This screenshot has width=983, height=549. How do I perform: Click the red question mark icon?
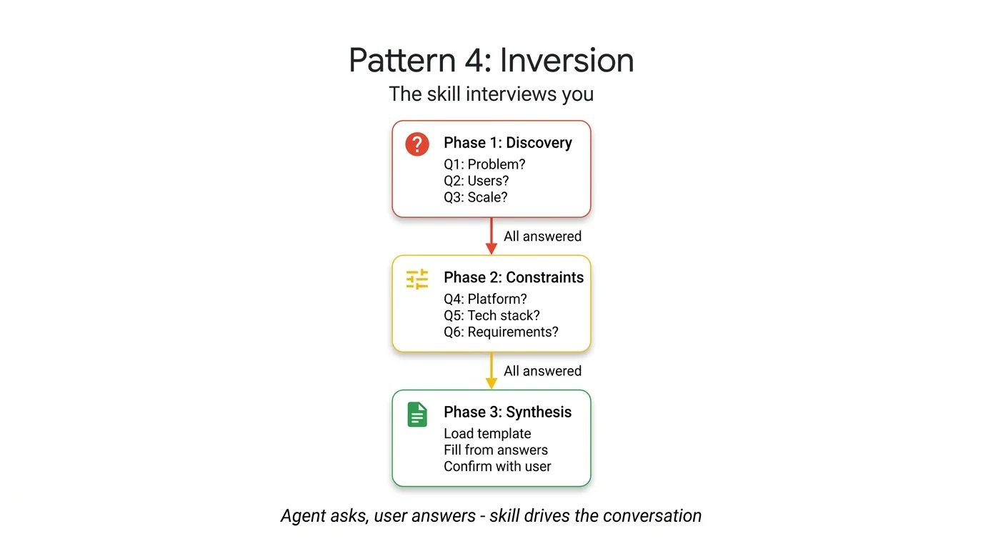417,144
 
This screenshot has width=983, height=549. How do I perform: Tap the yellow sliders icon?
417,279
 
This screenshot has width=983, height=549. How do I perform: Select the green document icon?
417,414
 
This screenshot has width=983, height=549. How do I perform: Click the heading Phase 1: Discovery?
507,143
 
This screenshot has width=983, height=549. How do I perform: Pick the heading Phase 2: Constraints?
513,277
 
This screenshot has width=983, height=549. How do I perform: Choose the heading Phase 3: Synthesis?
507,412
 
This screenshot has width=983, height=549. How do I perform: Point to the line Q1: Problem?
484,164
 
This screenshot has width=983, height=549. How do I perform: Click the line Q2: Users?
476,181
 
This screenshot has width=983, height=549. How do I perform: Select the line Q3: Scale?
475,197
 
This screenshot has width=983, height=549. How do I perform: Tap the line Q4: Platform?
485,299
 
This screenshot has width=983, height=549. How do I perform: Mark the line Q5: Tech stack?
491,315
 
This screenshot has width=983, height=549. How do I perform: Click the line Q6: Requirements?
501,332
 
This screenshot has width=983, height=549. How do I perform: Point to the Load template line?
487,434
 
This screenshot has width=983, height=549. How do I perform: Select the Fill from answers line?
496,450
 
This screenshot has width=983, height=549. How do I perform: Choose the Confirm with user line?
497,467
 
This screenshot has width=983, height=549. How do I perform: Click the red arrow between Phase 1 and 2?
491,236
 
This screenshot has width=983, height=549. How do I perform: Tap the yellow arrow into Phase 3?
491,371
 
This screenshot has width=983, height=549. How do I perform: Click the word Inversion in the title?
567,61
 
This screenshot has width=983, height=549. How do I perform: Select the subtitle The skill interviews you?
491,94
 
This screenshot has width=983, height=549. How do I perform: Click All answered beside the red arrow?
542,237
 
